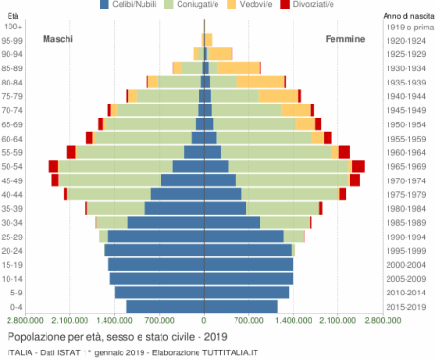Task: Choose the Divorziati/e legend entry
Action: (x=340, y=6)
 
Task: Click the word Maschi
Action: (x=58, y=39)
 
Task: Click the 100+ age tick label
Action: (x=13, y=27)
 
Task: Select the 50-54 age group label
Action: (x=12, y=166)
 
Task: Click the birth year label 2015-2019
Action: (x=407, y=306)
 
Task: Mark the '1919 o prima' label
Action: (x=407, y=27)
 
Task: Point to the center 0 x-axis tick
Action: (x=204, y=321)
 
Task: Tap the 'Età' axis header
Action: (x=12, y=15)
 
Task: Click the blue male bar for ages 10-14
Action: (x=157, y=278)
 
